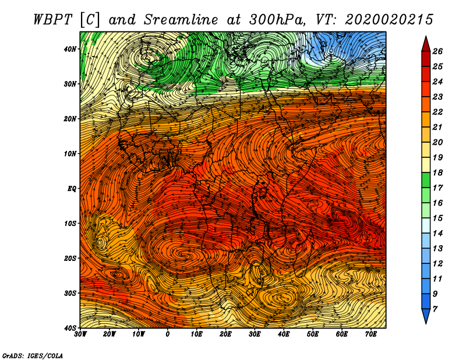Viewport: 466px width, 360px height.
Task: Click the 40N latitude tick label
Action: pos(70,49)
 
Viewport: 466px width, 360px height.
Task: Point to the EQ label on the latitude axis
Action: pos(72,189)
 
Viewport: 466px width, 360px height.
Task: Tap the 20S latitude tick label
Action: pos(70,259)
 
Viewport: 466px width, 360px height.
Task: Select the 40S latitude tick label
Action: pos(70,328)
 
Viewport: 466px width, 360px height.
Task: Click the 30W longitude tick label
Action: pos(80,334)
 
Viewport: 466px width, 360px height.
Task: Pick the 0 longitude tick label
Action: pos(168,334)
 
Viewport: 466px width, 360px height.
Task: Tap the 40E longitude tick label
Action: pos(284,334)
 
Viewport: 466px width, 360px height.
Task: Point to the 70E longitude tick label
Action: pos(371,334)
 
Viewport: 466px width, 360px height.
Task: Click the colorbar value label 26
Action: pos(437,51)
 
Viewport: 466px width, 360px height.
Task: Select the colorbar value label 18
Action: pos(437,172)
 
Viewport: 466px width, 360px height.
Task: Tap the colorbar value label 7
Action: pos(435,309)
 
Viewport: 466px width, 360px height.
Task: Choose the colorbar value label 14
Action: pos(437,234)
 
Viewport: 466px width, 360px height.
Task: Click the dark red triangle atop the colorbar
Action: pos(426,44)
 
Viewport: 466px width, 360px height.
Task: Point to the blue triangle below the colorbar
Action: pos(426,316)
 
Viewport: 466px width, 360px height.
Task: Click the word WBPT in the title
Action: pos(53,20)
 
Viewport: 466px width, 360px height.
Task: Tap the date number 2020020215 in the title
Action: pos(389,20)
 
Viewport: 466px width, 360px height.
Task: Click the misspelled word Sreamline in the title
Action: pos(181,20)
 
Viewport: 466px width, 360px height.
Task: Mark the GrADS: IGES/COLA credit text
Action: pos(33,356)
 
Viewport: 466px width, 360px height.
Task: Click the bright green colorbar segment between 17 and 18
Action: pos(426,180)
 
